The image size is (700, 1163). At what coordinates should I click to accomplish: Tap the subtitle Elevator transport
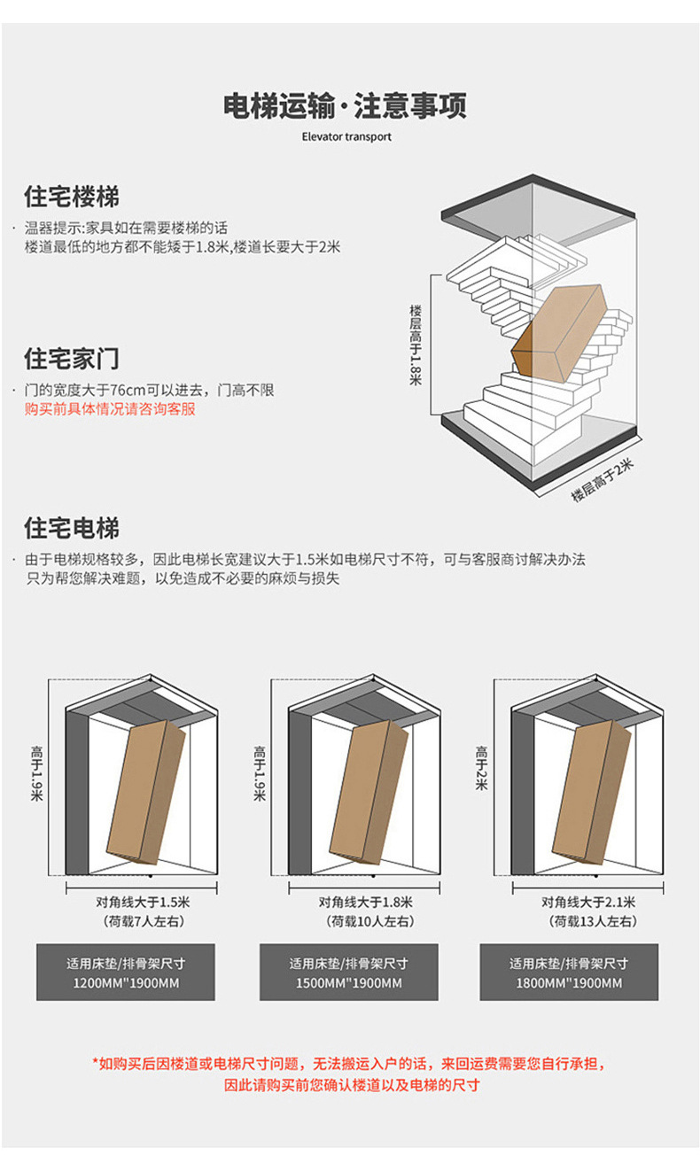[x=346, y=137]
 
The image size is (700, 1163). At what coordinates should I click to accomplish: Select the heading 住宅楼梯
[x=71, y=196]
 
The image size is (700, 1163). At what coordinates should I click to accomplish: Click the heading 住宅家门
[x=71, y=359]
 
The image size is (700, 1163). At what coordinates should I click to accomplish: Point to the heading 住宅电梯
[x=71, y=529]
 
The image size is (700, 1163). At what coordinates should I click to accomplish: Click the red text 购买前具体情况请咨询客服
[x=110, y=409]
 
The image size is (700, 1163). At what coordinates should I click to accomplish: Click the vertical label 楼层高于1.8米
[x=416, y=345]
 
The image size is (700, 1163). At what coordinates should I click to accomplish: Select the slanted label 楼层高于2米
[x=602, y=481]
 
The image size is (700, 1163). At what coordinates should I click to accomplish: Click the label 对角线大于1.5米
[x=143, y=903]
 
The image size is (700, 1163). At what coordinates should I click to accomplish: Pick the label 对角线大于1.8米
[x=365, y=903]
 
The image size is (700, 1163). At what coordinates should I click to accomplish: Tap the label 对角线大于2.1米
[x=588, y=903]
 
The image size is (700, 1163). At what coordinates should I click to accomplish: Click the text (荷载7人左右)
[x=143, y=921]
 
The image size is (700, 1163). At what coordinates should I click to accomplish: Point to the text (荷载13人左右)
[x=588, y=921]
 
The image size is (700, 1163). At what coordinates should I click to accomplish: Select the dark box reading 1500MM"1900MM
[x=348, y=973]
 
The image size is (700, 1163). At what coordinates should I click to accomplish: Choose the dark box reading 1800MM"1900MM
[x=569, y=973]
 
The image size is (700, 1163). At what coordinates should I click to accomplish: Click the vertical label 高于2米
[x=480, y=769]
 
